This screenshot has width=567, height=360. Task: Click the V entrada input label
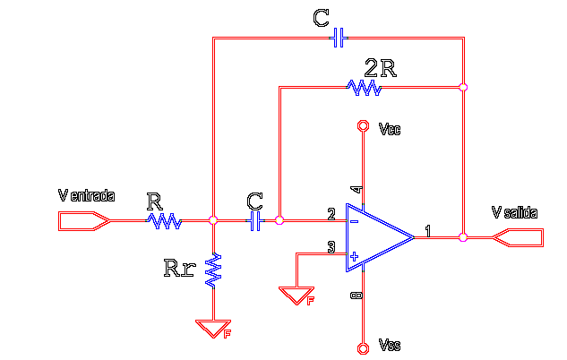(x=86, y=195)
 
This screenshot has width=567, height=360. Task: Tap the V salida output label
(x=514, y=212)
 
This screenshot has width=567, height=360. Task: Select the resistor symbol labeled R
(x=164, y=221)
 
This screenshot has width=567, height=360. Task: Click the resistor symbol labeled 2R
(x=364, y=88)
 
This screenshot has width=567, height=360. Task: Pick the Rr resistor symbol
(x=213, y=270)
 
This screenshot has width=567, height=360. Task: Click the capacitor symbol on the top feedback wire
(x=339, y=38)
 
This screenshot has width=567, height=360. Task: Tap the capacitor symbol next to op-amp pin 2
(x=255, y=221)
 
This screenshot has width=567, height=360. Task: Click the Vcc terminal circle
(x=363, y=125)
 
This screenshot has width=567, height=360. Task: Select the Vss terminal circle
(x=363, y=348)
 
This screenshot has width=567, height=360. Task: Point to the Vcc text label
(x=390, y=129)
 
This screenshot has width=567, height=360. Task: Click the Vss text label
(x=390, y=345)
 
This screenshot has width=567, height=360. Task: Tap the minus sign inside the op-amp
(x=355, y=221)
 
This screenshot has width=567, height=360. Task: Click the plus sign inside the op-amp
(x=355, y=256)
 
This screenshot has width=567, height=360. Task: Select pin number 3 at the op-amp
(x=331, y=247)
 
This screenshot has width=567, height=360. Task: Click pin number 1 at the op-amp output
(x=428, y=231)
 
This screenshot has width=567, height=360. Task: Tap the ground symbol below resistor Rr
(x=213, y=329)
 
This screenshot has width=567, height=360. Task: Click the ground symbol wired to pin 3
(x=296, y=296)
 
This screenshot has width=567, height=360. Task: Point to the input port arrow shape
(x=84, y=221)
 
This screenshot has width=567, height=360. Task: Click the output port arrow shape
(x=518, y=237)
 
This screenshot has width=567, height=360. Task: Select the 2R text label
(x=381, y=68)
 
